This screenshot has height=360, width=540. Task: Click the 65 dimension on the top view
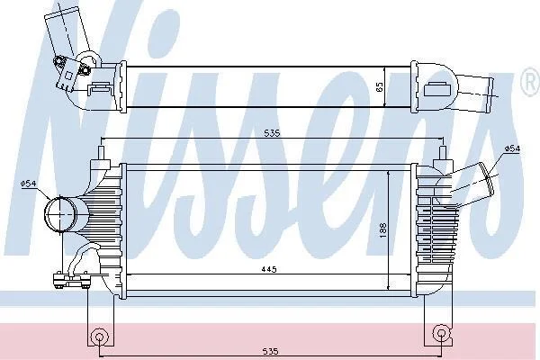(380, 86)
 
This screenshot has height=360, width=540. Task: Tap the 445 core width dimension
(268, 269)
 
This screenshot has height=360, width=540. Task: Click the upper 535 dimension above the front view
(272, 133)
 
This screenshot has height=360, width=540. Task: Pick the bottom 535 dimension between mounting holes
(270, 351)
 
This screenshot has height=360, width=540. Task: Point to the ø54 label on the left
(28, 184)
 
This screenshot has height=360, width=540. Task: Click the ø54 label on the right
(512, 148)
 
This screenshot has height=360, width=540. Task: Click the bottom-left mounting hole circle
(99, 337)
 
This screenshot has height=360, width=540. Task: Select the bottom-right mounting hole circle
(441, 333)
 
